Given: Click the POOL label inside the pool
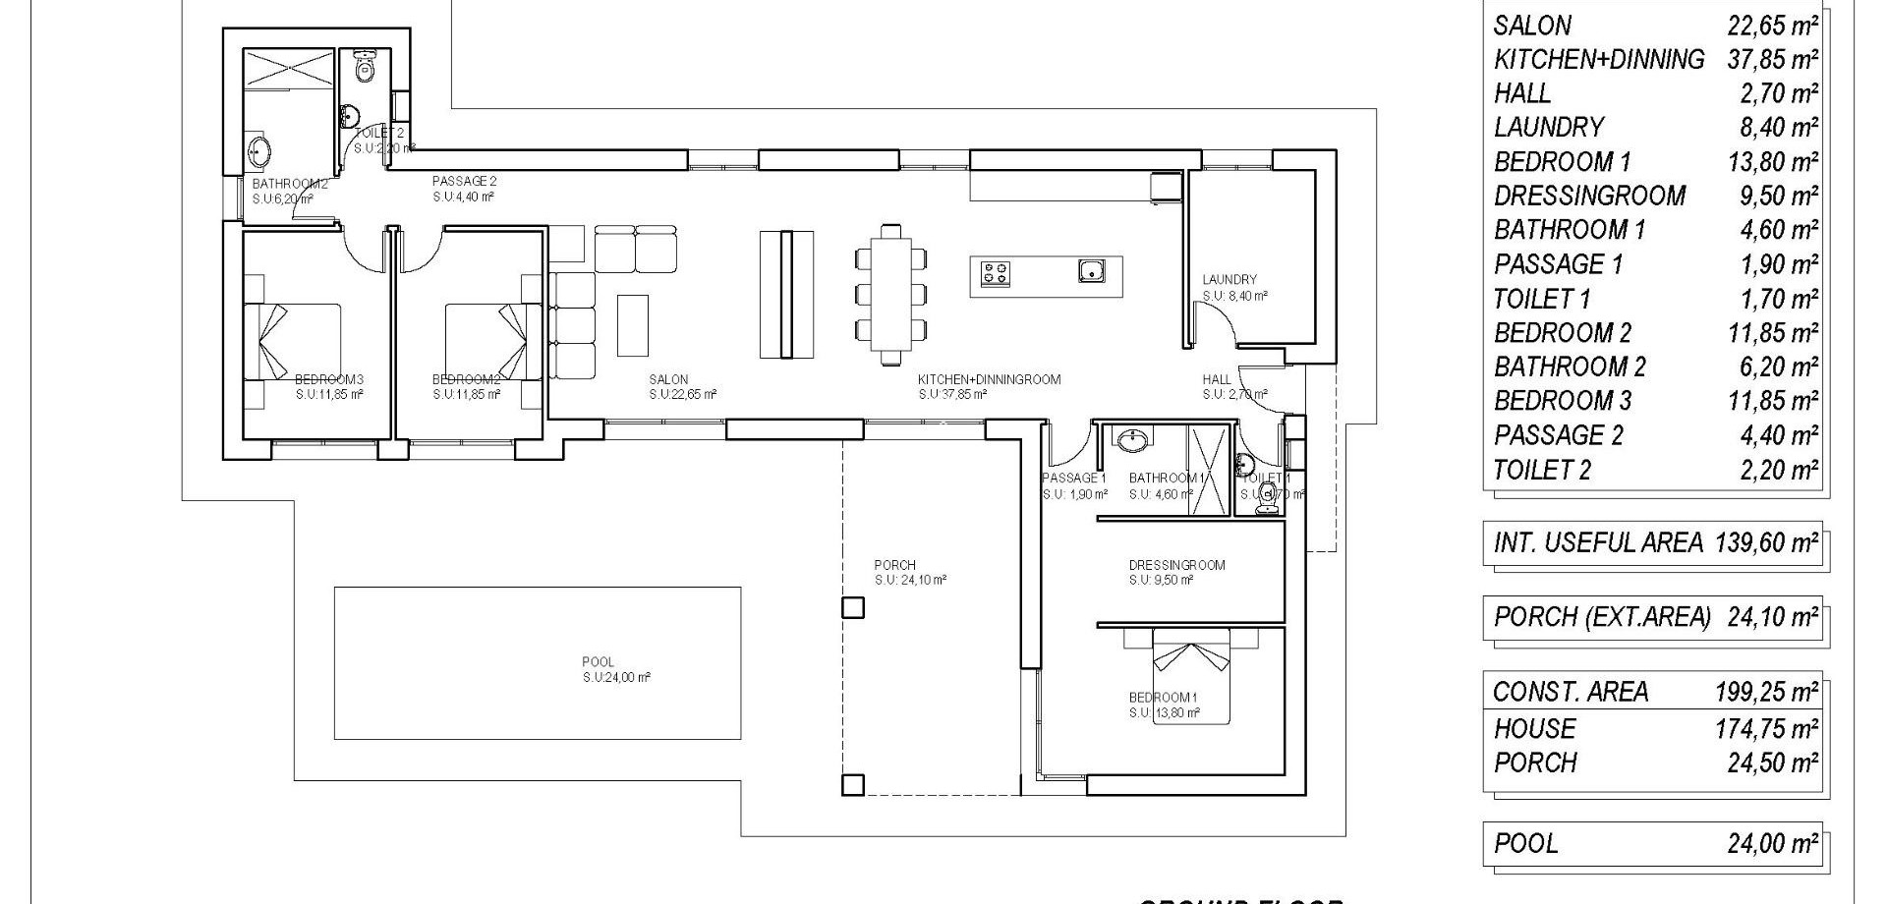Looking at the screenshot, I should (x=598, y=662).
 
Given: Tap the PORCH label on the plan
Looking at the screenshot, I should (x=894, y=565).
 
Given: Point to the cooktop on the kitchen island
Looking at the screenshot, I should (x=995, y=272).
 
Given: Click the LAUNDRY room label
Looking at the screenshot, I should (x=1229, y=280).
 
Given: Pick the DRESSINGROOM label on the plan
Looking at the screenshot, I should (x=1176, y=565).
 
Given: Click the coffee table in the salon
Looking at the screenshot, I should (x=633, y=325).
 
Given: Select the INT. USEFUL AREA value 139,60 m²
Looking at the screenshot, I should (x=1766, y=542).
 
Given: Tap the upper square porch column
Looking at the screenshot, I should (x=853, y=607).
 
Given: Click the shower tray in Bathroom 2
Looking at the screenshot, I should (x=290, y=69).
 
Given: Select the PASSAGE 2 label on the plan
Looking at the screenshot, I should (x=464, y=182).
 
